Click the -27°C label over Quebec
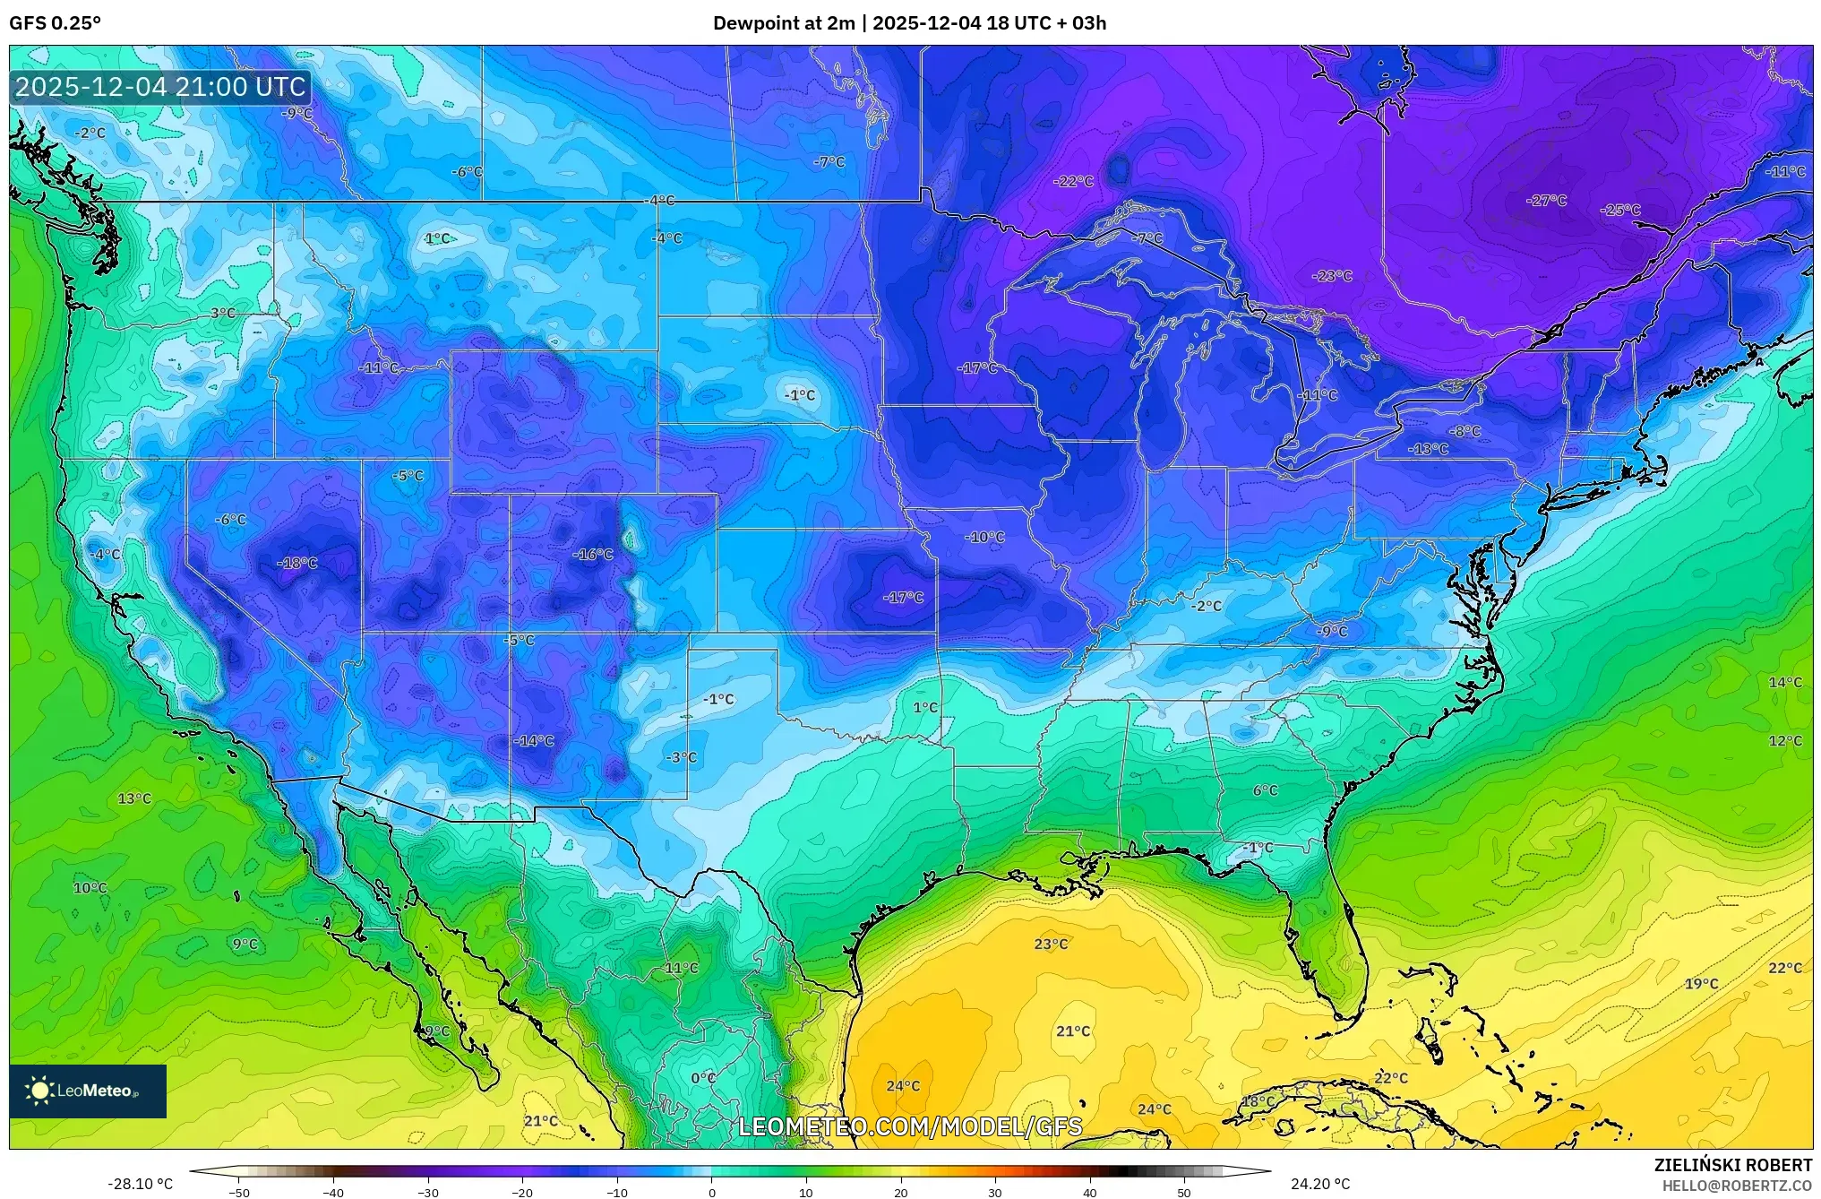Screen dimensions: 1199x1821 [1546, 201]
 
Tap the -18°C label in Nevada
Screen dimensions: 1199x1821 [297, 564]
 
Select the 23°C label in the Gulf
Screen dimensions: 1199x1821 [1051, 945]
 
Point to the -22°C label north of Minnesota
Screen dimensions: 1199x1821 [1073, 182]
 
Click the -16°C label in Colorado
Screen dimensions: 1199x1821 [592, 555]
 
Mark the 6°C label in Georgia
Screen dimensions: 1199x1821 [1265, 790]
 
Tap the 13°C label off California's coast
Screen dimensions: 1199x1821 [134, 798]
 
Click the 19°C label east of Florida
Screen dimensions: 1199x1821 [1701, 984]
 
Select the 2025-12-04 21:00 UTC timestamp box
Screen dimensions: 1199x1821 [161, 87]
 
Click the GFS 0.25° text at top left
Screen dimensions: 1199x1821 [55, 23]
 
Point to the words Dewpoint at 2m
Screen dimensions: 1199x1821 [784, 23]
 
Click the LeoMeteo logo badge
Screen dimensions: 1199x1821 [88, 1091]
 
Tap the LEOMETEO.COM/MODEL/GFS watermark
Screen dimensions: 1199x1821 [910, 1126]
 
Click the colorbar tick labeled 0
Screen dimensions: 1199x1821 [712, 1193]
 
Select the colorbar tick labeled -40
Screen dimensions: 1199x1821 [333, 1193]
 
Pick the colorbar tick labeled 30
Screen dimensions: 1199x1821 [995, 1193]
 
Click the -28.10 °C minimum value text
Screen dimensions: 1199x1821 [141, 1184]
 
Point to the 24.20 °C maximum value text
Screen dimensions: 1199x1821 [1319, 1184]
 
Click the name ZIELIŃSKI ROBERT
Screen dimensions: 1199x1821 [1732, 1165]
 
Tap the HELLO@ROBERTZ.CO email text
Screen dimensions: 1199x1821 [1737, 1186]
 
